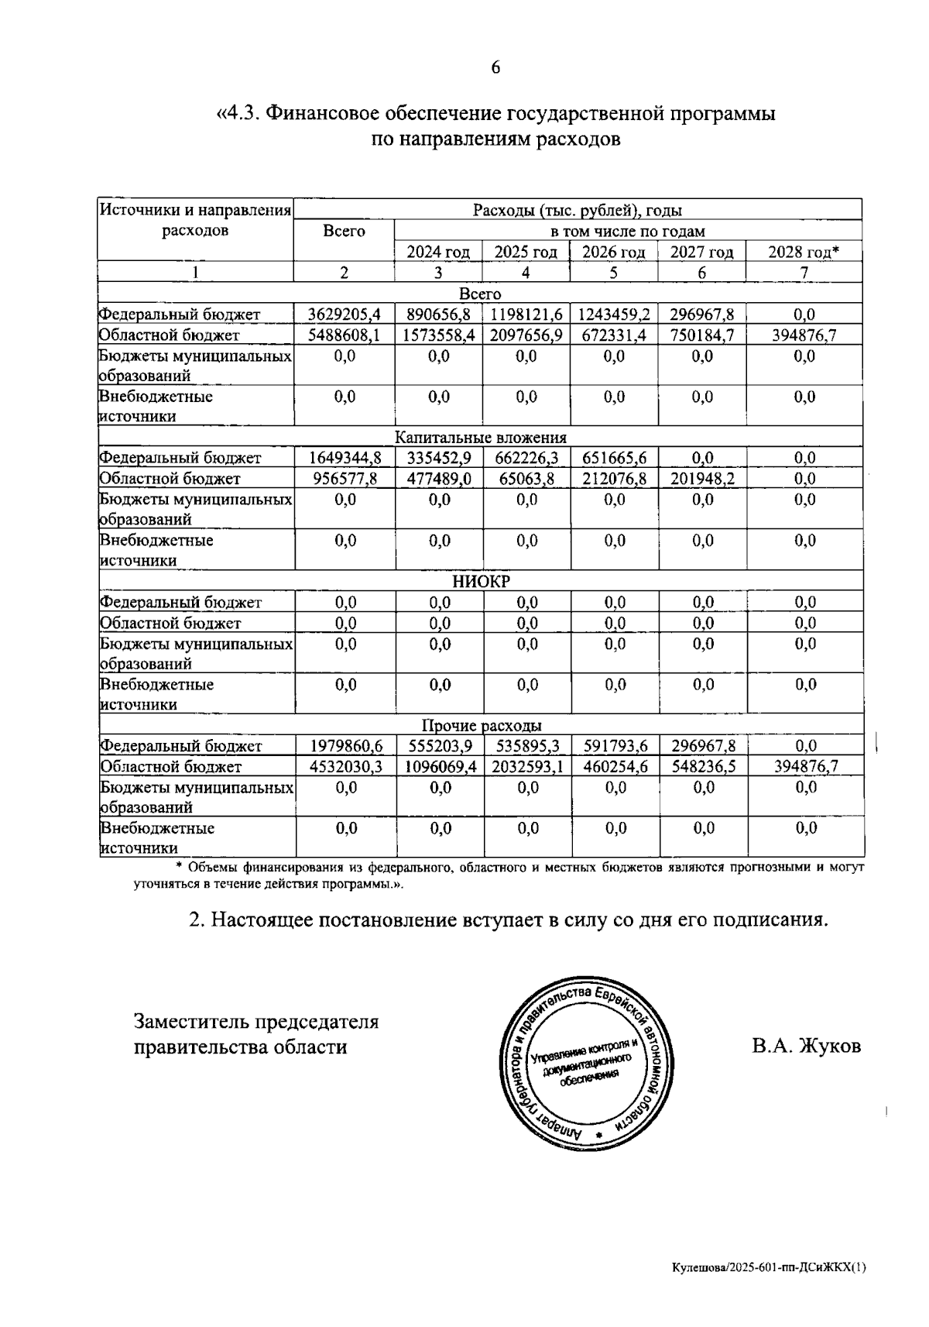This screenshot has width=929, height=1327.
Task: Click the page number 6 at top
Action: pos(495,68)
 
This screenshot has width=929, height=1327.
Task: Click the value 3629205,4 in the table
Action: pos(345,315)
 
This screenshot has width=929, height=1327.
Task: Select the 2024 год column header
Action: pos(438,253)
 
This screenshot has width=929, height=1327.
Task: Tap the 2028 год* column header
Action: pos(804,253)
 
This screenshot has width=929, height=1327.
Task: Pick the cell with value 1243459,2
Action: pos(614,315)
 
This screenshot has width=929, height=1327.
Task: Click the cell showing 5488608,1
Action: pos(345,335)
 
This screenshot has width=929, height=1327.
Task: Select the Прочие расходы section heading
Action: pos(481,726)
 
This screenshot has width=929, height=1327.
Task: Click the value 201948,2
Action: pos(702,479)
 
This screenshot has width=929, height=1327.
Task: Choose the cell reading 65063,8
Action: pos(526,479)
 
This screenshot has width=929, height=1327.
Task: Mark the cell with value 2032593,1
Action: pos(526,767)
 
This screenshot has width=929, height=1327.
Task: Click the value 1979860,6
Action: pos(346,746)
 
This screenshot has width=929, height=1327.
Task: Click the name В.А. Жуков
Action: pos(806,1047)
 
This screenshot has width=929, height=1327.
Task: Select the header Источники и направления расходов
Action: pos(195,220)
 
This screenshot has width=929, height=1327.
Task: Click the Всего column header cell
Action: pos(344,232)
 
